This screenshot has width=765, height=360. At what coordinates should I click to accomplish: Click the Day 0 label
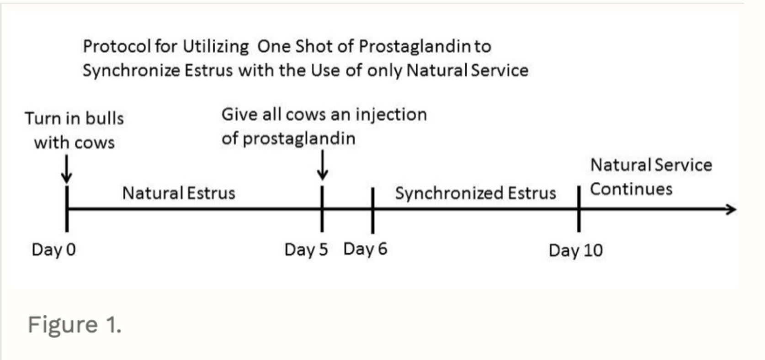click(x=53, y=250)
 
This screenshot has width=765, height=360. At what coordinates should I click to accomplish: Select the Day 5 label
click(x=306, y=250)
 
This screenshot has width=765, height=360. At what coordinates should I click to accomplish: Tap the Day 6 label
click(x=365, y=249)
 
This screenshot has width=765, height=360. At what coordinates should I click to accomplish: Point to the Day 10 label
click(x=575, y=250)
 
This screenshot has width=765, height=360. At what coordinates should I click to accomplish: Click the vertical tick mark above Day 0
click(x=67, y=208)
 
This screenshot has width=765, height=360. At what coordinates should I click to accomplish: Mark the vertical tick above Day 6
click(x=372, y=210)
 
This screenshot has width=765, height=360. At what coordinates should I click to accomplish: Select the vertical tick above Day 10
click(x=579, y=209)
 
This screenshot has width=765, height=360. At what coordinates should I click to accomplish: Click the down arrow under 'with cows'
click(x=67, y=169)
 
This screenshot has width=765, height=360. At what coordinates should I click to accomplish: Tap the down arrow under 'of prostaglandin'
click(x=322, y=165)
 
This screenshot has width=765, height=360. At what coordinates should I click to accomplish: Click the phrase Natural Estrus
click(x=179, y=193)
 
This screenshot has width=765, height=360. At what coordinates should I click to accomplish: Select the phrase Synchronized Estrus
click(x=475, y=193)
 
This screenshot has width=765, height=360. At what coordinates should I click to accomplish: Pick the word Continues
click(x=631, y=189)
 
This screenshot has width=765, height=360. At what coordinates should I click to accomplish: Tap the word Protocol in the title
click(x=117, y=46)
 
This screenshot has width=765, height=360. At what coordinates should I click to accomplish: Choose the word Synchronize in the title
click(x=131, y=70)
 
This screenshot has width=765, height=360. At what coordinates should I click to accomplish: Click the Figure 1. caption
click(x=74, y=324)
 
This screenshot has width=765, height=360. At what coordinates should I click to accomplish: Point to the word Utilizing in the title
click(x=216, y=47)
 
